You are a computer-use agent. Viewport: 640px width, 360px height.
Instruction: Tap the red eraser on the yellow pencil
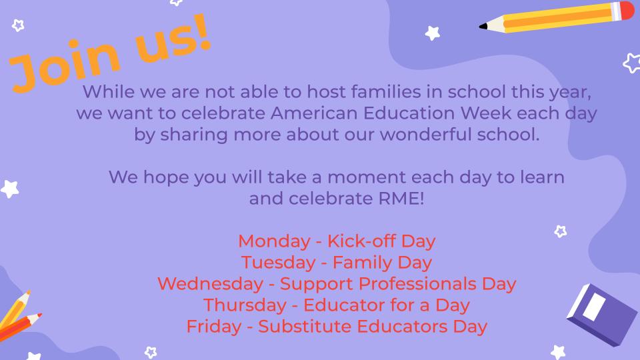(627, 11)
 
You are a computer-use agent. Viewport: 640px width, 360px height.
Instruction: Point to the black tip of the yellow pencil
(483, 27)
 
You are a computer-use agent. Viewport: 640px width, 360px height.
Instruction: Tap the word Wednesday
(210, 283)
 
